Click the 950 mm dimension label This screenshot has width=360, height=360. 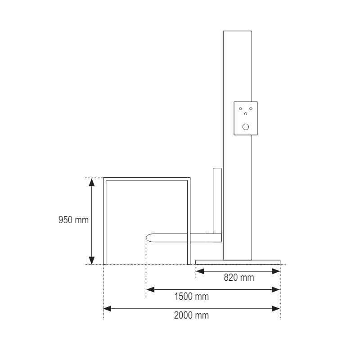[x=73, y=220]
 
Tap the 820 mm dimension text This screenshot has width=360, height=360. [x=239, y=278]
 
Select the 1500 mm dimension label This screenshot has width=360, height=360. [x=192, y=297]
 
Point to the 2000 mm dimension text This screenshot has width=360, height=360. [x=192, y=315]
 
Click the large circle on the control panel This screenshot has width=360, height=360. [x=246, y=127]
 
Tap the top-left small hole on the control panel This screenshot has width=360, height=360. [x=241, y=108]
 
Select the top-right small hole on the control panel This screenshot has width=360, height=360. [x=251, y=108]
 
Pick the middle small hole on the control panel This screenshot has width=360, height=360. [x=246, y=114]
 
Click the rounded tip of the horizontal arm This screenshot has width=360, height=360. [x=148, y=238]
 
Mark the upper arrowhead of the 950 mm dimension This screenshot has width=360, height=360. [x=92, y=182]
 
